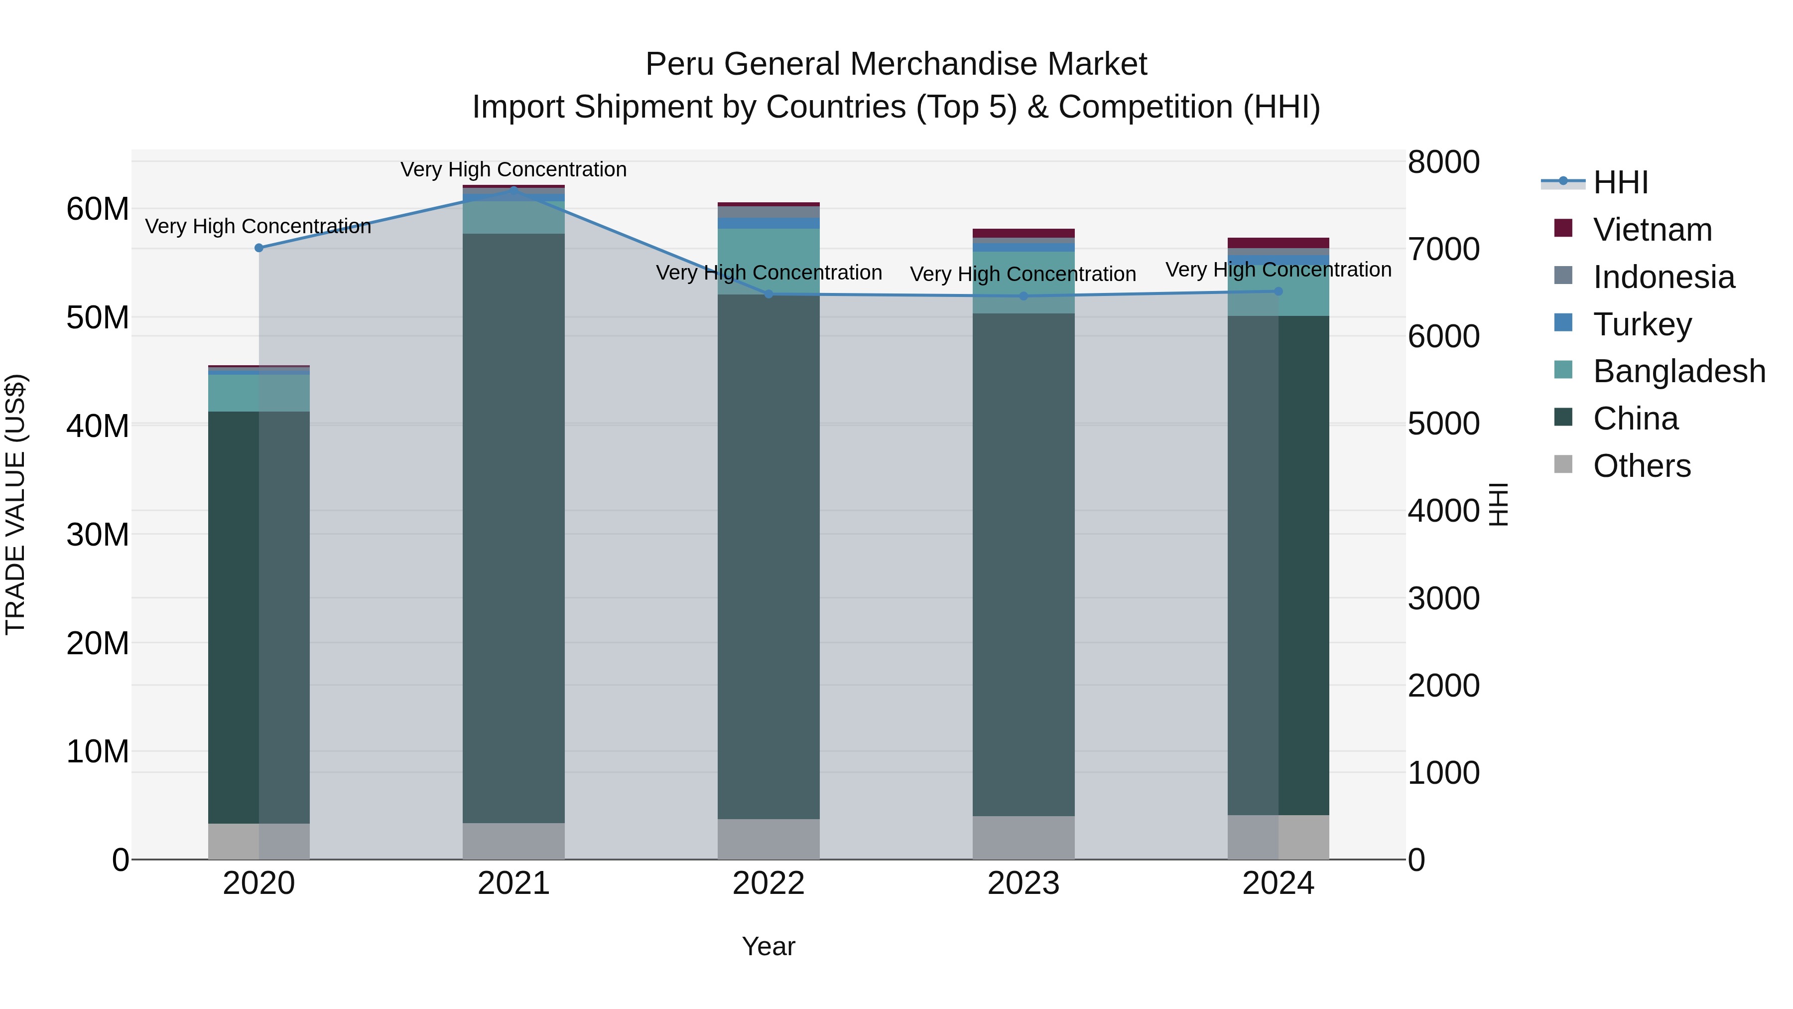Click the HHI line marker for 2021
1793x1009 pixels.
point(513,189)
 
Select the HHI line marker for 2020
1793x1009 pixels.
point(259,248)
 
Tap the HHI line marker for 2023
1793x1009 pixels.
point(1023,296)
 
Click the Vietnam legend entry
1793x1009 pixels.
point(1652,230)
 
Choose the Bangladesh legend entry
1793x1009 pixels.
point(1678,371)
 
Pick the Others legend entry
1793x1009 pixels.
point(1641,466)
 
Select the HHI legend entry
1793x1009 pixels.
point(1620,182)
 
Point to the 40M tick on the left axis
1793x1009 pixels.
point(98,426)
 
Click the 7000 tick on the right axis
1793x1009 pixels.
point(1443,249)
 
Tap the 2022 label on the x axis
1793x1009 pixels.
point(768,883)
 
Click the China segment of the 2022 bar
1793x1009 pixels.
point(768,557)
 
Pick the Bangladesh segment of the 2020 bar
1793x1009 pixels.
point(259,394)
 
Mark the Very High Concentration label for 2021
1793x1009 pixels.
point(513,169)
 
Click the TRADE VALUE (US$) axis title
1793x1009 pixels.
point(15,504)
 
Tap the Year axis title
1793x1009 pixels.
point(768,946)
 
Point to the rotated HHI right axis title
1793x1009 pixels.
point(1498,504)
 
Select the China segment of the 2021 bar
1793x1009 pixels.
point(513,529)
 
